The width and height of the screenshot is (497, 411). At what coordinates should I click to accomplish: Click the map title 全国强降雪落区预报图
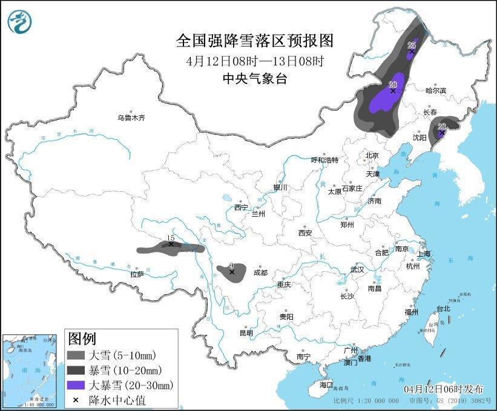coord(255,41)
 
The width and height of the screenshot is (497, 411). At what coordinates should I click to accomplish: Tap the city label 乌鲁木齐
coord(131,118)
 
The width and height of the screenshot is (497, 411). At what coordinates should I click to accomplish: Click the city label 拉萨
coord(137,274)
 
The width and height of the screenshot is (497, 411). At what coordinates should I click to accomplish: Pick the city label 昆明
coord(246,332)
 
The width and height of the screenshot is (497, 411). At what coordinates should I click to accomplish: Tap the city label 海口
coord(326,385)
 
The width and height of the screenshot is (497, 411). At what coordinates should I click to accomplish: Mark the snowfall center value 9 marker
coord(231,272)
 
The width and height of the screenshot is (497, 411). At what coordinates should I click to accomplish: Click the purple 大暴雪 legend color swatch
coord(76,384)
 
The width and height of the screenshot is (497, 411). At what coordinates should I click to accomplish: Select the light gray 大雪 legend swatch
coord(76,355)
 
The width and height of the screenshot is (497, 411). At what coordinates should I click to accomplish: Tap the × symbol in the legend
coord(76,399)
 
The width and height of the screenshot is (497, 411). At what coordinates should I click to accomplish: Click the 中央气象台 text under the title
coord(254,78)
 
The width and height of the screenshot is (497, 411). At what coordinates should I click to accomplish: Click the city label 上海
coord(423,254)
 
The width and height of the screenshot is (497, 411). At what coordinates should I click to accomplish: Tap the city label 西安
coord(304,232)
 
